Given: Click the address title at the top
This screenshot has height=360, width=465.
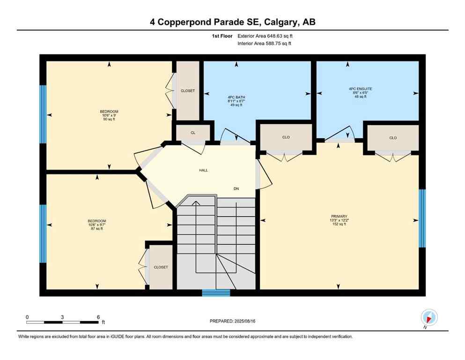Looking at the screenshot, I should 232,22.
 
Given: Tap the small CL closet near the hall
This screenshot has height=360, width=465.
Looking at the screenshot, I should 192,133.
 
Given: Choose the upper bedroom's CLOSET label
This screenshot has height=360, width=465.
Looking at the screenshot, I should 188,90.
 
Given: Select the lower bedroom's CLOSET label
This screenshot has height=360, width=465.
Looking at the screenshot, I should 161,267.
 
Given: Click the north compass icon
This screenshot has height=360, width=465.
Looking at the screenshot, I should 429,317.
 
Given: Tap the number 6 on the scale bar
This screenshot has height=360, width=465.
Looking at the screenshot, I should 98,317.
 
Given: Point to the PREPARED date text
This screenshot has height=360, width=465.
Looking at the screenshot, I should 232,321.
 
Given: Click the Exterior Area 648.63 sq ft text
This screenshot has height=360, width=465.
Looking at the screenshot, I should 266,36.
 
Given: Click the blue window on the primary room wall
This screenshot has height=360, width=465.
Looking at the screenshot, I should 422,218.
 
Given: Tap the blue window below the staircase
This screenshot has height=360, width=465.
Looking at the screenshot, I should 216,293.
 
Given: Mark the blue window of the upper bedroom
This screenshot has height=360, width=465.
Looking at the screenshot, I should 43,114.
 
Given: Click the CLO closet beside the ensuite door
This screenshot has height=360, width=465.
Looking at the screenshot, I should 393,138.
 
